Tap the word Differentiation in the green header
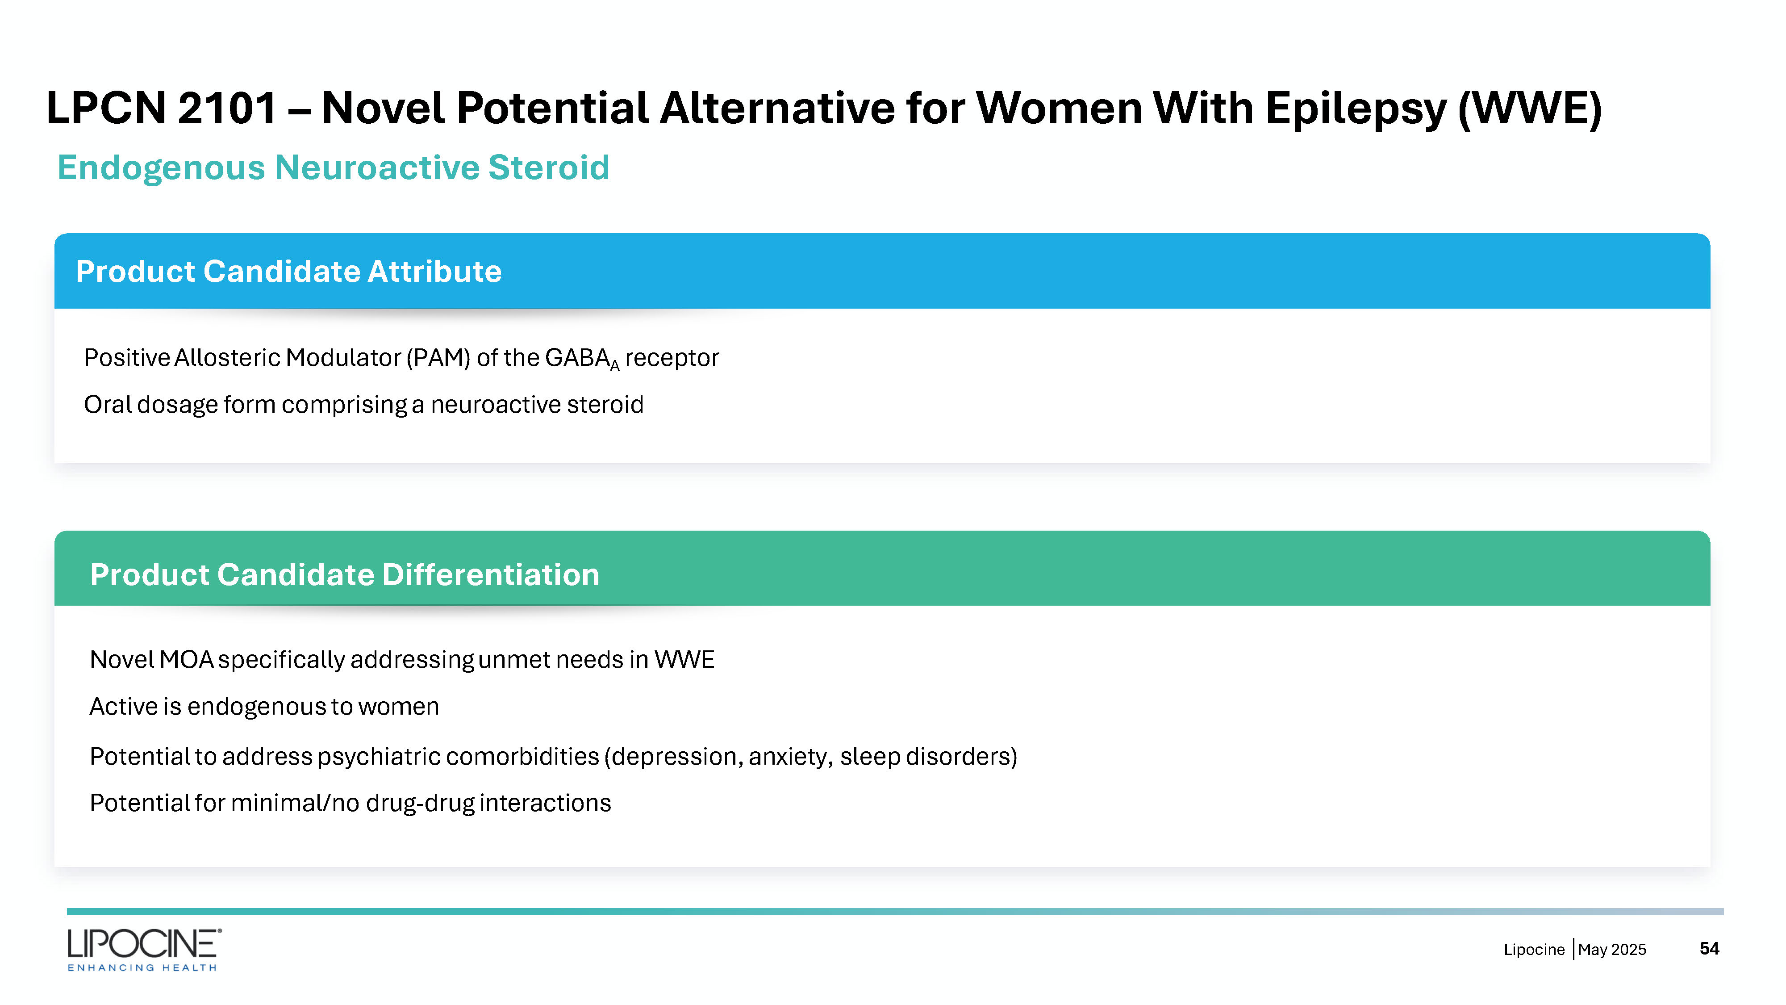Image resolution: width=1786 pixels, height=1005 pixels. [x=490, y=574]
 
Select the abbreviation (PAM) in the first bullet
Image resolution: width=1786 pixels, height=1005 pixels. [x=438, y=358]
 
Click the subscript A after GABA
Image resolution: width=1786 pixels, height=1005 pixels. [x=614, y=365]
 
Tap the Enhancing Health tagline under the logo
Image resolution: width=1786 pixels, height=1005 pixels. [x=142, y=967]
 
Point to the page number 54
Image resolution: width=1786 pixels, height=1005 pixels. [x=1709, y=949]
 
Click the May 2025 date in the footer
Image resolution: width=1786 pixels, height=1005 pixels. [x=1612, y=950]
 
